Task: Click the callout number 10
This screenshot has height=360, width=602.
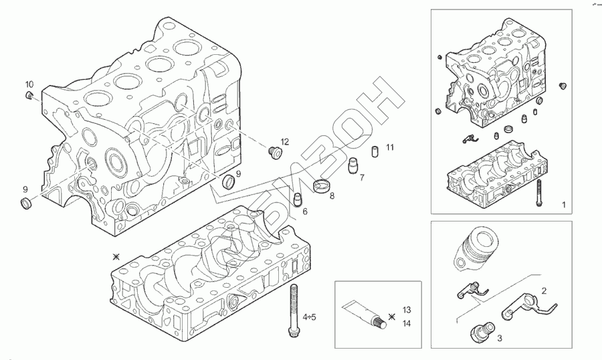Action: coord(29,84)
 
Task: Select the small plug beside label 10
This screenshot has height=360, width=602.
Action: coord(29,97)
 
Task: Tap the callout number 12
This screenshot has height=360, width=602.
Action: coord(284,142)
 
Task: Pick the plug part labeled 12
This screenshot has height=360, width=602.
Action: coord(273,153)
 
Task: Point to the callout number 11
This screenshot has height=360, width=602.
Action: coord(390,147)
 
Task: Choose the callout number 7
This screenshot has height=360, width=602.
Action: coord(361,178)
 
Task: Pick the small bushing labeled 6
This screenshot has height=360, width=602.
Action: coord(298,199)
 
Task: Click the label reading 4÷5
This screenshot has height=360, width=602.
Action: coord(309,316)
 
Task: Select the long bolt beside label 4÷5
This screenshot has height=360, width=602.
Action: coord(293,309)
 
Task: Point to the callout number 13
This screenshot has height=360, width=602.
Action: coord(406,310)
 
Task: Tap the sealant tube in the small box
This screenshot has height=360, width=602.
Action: coord(365,315)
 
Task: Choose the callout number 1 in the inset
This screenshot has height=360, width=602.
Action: coord(563,203)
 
